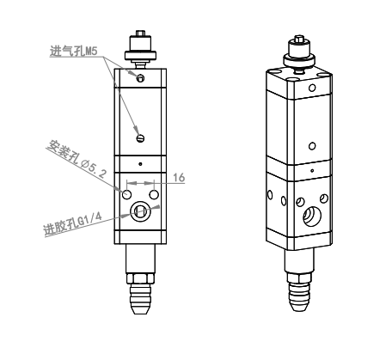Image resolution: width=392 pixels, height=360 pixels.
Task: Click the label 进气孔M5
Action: pos(74,52)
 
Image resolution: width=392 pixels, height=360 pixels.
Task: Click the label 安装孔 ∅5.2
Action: pos(77,159)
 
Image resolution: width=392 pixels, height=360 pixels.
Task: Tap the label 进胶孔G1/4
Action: pos(73,224)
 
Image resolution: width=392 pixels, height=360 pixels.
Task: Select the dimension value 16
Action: pos(179,178)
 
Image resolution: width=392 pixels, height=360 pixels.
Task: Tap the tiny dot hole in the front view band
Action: pos(140,164)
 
